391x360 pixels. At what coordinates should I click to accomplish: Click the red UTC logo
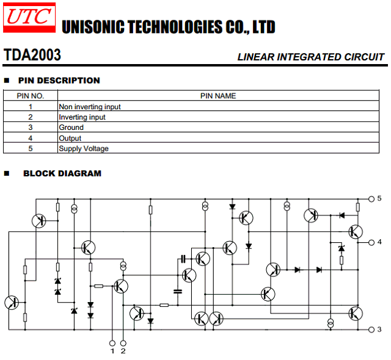tap(29, 18)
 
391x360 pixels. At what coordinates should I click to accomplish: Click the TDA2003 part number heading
tap(32, 55)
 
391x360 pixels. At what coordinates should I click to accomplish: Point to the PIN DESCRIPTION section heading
tap(59, 81)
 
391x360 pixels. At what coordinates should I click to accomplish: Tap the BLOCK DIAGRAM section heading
tap(62, 173)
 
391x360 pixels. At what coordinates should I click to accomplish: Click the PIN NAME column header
tap(218, 96)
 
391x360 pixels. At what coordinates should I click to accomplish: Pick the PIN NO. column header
tap(31, 96)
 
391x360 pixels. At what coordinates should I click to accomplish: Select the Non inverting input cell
tap(90, 107)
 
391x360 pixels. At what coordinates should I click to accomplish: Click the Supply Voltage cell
tap(84, 149)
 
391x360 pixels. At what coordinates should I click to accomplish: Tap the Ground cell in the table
tap(71, 128)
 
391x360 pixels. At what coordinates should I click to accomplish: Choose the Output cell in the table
tap(70, 138)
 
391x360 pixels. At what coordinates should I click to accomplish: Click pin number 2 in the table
tap(31, 117)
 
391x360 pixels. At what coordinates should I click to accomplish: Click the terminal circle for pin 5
tap(371, 199)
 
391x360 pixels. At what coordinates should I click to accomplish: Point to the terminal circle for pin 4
tap(371, 242)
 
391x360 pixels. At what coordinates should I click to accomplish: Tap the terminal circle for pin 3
tap(371, 329)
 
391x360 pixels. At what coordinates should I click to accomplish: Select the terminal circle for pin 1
tap(112, 343)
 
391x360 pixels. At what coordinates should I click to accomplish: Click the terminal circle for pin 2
tap(123, 343)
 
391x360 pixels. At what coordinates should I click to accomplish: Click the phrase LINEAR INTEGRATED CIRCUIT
tap(311, 57)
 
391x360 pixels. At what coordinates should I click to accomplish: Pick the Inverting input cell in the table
tap(82, 117)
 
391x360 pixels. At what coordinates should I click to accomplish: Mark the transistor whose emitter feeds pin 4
tap(356, 232)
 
